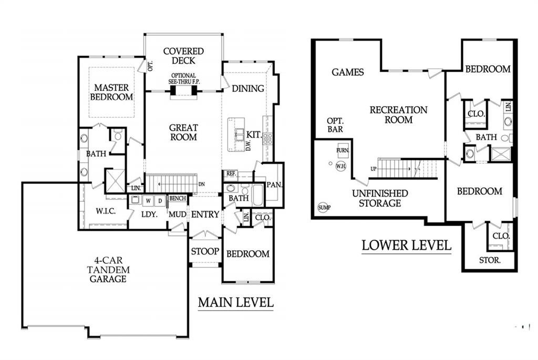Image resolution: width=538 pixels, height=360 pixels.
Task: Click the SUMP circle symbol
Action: point(324,207)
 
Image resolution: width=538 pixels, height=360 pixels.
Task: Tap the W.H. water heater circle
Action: point(340,166)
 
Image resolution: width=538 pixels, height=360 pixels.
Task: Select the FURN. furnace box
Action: point(343,150)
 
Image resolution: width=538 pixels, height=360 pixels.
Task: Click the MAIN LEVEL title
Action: point(236,302)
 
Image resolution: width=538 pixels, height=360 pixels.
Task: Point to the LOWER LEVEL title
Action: point(406,245)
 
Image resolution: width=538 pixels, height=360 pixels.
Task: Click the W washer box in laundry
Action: point(148,201)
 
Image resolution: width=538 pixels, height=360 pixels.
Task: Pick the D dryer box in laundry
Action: point(160,201)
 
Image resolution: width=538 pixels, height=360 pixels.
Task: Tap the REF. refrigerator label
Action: point(231,173)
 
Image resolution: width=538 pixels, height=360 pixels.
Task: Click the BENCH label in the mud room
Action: point(178,198)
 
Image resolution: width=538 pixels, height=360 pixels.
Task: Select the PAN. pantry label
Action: point(274,185)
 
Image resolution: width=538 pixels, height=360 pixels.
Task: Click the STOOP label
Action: point(205,251)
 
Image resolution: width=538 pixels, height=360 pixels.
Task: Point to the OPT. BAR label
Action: point(335,125)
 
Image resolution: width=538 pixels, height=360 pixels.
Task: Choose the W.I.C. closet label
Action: point(106,211)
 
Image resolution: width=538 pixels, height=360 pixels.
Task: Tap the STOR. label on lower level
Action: point(490,260)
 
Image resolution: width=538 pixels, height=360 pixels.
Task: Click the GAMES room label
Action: point(348,72)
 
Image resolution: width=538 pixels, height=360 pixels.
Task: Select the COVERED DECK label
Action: point(183,56)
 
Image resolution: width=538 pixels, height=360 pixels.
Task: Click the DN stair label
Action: point(202,184)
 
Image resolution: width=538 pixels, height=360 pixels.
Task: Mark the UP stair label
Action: point(374,169)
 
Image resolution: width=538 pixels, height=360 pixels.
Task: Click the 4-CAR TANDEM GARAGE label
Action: point(108,270)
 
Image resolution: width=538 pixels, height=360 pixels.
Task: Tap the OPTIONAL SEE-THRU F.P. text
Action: point(183,79)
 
